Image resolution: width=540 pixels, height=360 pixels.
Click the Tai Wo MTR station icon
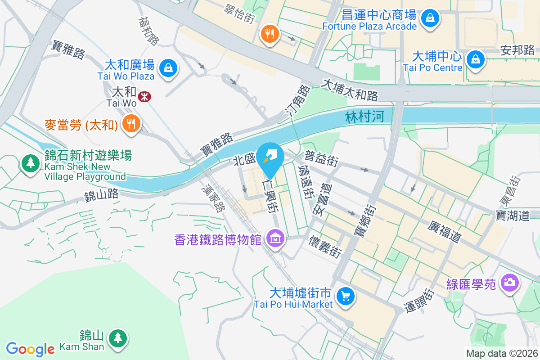point(144,96)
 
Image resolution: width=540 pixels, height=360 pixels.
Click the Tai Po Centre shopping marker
point(475,59)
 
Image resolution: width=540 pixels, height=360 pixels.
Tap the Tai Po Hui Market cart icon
point(346,296)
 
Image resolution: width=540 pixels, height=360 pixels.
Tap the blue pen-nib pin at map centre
point(270,156)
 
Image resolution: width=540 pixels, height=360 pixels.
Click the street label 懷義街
point(324,247)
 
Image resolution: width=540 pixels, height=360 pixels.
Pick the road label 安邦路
point(517,50)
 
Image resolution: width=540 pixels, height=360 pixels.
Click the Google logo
point(30,349)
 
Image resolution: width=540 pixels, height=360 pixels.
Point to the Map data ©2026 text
point(502,354)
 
